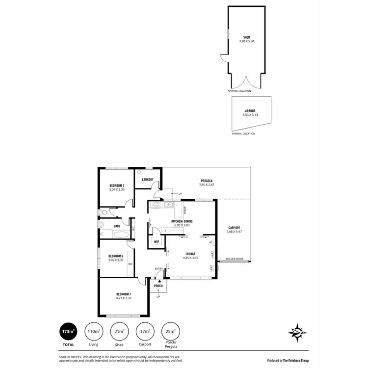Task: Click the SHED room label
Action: (247, 37)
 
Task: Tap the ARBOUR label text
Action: (250, 111)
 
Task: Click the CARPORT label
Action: (234, 227)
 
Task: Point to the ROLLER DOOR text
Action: (234, 259)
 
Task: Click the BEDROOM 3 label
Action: (117, 185)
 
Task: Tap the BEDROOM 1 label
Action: (117, 294)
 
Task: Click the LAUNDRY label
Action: (148, 180)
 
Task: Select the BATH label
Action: (117, 226)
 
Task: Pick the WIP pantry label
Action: (157, 242)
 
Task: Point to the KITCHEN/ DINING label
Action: (182, 221)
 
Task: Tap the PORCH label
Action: (158, 286)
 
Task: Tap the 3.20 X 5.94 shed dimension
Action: (247, 41)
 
